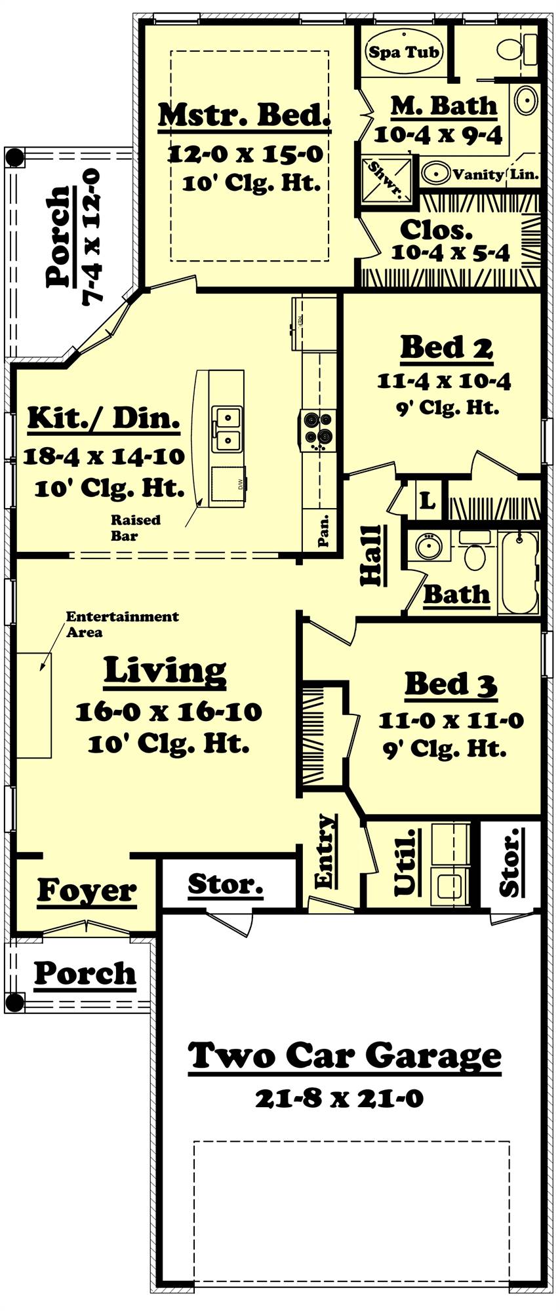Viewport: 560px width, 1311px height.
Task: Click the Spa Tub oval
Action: [403, 52]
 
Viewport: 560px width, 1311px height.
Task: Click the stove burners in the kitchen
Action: [318, 428]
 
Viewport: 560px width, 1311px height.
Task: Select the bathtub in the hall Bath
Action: [518, 572]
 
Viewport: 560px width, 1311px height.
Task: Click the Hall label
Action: [371, 555]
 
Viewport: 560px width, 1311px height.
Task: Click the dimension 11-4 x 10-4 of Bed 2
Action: [444, 382]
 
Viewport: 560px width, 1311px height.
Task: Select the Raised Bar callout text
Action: [135, 527]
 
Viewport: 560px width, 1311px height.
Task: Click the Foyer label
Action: [87, 890]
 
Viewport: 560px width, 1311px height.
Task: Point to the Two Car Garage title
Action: [345, 1056]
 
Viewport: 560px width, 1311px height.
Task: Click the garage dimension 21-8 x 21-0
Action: [339, 1098]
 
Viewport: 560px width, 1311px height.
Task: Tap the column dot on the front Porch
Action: [14, 1002]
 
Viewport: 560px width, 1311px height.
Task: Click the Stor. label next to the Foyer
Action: [225, 884]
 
